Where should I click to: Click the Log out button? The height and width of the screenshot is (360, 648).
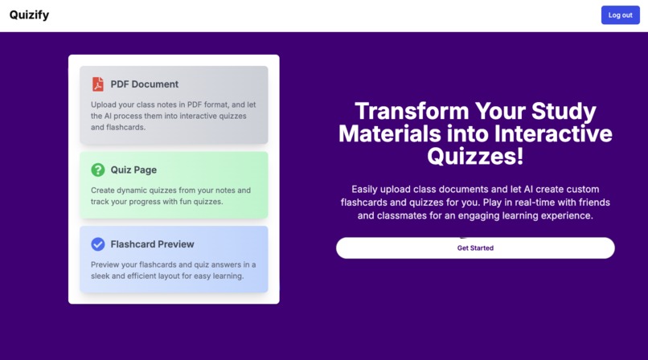(620, 15)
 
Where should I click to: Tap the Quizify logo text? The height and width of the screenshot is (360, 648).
(29, 14)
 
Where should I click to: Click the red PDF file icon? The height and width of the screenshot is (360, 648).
(97, 84)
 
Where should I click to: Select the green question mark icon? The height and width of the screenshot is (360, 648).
(97, 170)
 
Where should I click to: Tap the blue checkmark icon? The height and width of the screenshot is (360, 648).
(97, 243)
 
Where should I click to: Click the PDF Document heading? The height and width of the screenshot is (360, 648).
(145, 84)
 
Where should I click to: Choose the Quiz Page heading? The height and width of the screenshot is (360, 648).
(133, 170)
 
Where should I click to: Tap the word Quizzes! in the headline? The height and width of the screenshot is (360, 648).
(475, 155)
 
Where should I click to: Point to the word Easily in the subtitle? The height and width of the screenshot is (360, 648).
(367, 189)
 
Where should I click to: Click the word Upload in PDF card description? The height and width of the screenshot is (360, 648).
(106, 104)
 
